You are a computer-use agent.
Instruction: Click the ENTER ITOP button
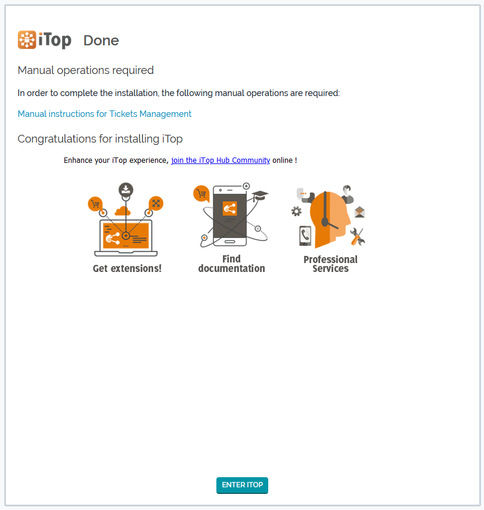point(242,485)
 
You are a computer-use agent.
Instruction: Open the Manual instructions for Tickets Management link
point(104,114)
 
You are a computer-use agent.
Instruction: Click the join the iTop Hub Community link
point(221,160)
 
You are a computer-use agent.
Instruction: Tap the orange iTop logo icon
point(27,40)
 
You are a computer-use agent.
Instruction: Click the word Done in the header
point(101,41)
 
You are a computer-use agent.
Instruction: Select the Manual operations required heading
point(85,70)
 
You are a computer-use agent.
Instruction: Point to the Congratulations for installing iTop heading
point(100,139)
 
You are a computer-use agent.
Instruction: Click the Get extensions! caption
point(127,268)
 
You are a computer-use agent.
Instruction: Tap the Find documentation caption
point(231,264)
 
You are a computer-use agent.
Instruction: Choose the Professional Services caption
point(330,264)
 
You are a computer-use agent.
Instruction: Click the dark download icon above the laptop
point(126,189)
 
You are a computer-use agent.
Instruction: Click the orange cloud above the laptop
point(123,211)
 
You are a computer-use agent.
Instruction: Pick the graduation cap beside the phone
point(260,196)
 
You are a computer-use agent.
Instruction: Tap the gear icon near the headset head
point(296,211)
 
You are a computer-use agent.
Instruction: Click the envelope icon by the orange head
point(359,212)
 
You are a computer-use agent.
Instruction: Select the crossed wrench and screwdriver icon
point(357,236)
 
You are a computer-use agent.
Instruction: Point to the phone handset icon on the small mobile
point(305,234)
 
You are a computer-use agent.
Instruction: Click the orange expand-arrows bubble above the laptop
point(156,203)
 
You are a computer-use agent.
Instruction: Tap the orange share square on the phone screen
point(230,209)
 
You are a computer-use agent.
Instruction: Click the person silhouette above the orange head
point(348,194)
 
